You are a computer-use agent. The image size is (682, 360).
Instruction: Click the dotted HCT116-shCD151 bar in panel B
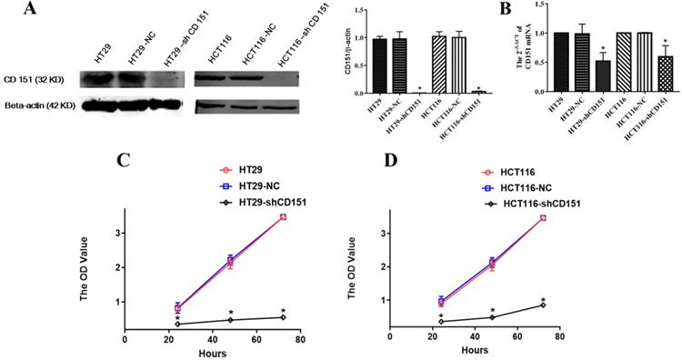(x=665, y=72)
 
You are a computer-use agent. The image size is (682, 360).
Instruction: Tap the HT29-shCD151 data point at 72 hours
(x=283, y=317)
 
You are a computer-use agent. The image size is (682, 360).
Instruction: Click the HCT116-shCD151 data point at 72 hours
(x=543, y=305)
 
